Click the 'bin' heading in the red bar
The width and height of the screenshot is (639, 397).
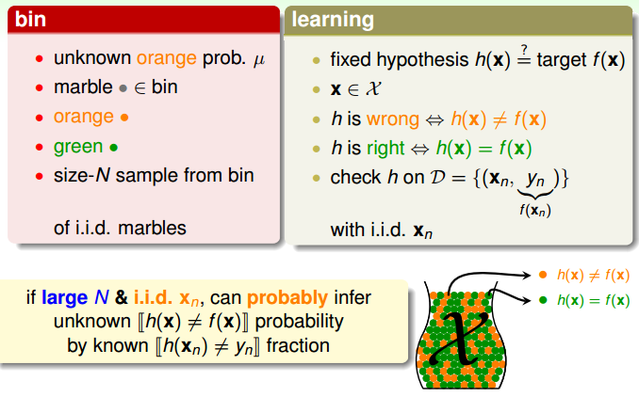(x=30, y=19)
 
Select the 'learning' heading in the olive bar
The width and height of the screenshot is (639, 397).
(x=333, y=21)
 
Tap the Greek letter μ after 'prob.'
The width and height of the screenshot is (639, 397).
(x=259, y=60)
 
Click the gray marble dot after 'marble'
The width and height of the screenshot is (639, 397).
(x=123, y=87)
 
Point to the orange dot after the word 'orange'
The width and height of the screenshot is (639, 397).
(x=124, y=118)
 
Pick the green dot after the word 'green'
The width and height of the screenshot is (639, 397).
(x=114, y=148)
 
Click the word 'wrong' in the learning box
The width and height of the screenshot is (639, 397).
(x=393, y=119)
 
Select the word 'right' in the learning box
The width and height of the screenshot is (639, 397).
(x=385, y=149)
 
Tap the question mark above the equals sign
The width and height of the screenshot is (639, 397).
(x=524, y=50)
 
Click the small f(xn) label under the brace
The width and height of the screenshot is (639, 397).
(x=535, y=210)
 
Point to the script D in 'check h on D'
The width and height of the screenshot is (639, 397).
(x=438, y=178)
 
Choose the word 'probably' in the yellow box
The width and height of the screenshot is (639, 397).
(x=287, y=298)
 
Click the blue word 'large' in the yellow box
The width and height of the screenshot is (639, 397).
(x=64, y=298)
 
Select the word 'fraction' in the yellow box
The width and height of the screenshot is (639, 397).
(x=298, y=346)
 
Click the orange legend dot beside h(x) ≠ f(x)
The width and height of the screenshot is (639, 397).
(x=543, y=275)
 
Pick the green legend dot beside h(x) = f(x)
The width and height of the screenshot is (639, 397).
(x=543, y=301)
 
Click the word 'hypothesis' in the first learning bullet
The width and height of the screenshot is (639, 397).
(x=422, y=60)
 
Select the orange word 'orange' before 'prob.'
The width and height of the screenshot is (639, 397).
(x=166, y=59)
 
